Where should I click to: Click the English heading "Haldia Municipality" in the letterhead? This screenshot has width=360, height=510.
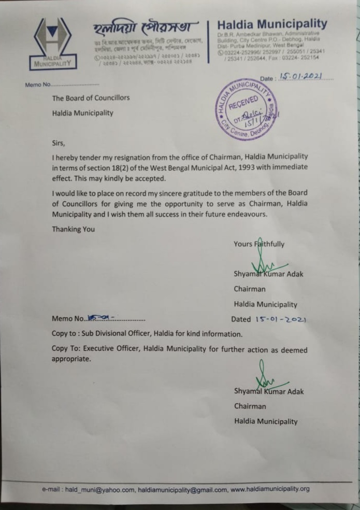(x=272, y=24)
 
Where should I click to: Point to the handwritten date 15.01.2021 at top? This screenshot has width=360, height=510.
(x=300, y=77)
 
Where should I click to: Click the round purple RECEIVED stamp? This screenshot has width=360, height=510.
(x=243, y=110)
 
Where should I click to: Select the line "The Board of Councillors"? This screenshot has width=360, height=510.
(x=91, y=97)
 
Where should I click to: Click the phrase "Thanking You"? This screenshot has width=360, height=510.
(x=73, y=229)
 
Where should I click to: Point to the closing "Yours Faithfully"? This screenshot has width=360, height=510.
(x=258, y=244)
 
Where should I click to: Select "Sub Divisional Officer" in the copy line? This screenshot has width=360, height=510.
(x=123, y=334)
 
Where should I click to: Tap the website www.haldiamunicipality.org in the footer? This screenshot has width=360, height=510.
(x=269, y=489)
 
